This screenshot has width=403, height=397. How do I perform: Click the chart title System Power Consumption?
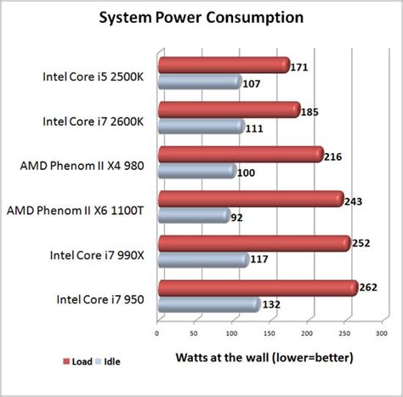(201, 16)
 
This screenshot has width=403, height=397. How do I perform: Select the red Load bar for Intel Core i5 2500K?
(223, 65)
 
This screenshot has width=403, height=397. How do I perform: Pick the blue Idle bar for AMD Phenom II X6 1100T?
(193, 216)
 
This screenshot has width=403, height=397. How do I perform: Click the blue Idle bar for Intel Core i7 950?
(208, 304)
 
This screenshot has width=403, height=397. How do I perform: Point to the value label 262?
(369, 288)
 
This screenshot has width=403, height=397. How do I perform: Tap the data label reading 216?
(334, 155)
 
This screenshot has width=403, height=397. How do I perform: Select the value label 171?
(299, 65)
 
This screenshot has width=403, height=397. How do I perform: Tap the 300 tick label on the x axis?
(383, 332)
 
